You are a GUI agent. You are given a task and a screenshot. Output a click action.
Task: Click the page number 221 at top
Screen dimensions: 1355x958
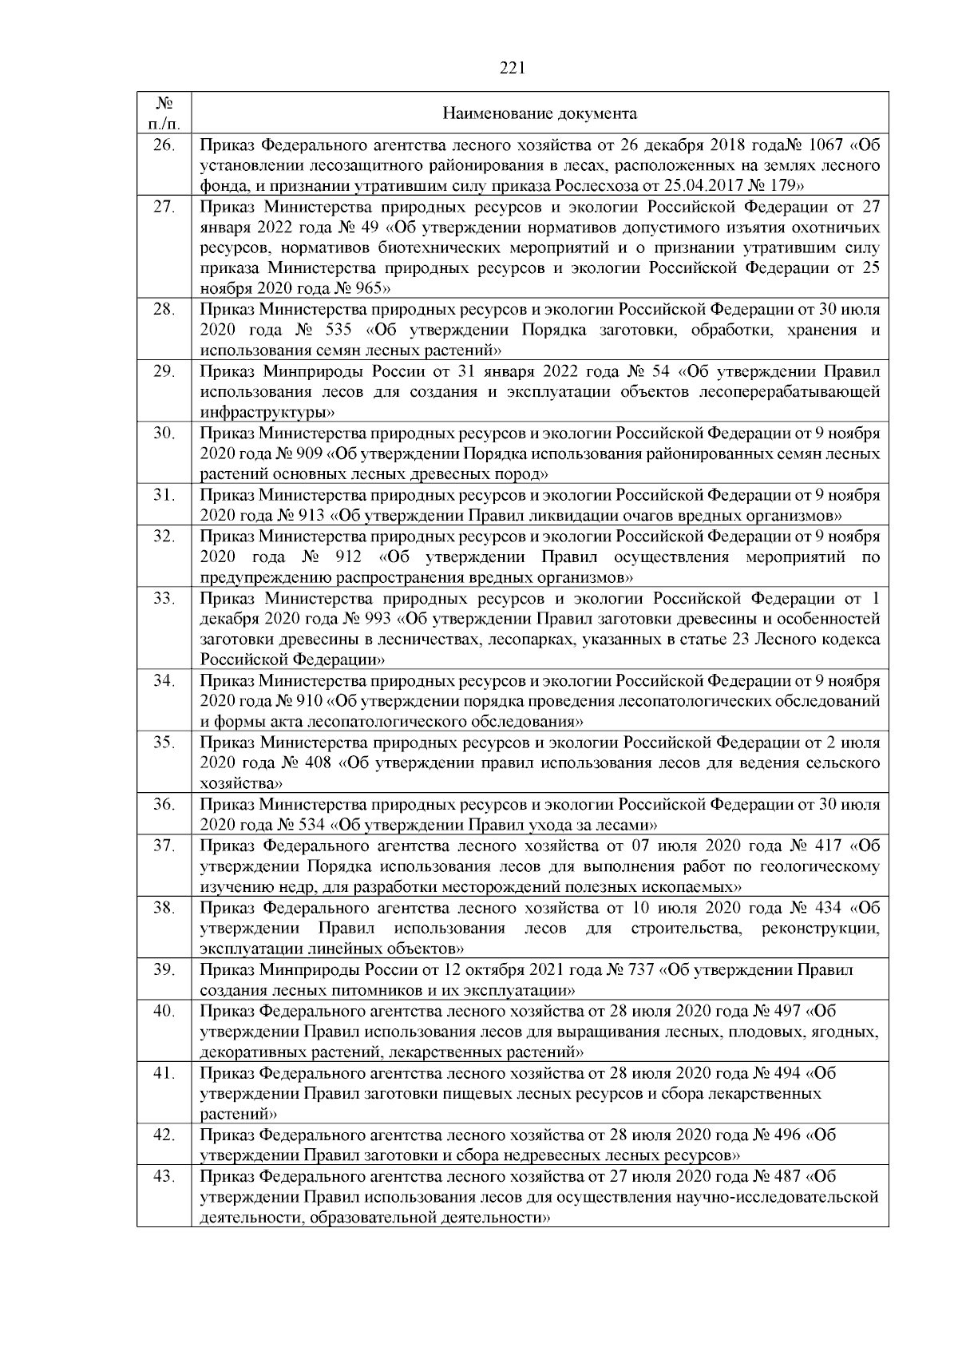tap(512, 69)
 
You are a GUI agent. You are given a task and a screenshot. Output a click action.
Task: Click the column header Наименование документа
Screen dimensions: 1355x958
tap(540, 114)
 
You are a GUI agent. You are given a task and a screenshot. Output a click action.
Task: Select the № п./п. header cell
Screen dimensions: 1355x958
tap(164, 114)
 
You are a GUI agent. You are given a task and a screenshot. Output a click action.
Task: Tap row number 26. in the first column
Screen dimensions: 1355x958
tap(164, 145)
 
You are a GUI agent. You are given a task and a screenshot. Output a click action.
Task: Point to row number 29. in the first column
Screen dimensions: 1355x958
tap(164, 371)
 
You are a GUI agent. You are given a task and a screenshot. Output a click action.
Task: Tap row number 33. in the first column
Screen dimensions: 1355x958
tap(164, 598)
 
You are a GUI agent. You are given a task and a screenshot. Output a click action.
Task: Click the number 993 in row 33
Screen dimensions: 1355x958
tap(377, 619)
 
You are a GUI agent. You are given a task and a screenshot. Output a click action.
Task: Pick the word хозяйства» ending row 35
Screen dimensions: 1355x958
tap(241, 783)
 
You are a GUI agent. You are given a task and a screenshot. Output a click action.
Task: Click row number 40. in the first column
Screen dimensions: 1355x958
tap(164, 1011)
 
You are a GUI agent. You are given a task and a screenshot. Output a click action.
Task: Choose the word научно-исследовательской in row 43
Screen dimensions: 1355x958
tap(770, 1197)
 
